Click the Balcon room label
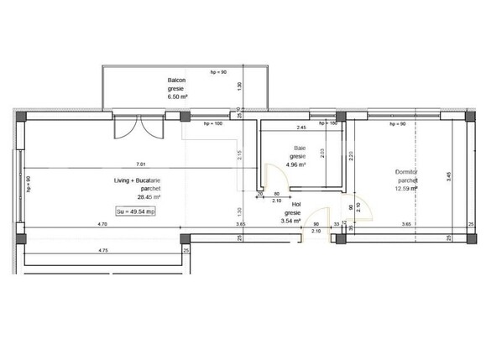tap(176, 81)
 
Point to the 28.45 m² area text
tap(139, 198)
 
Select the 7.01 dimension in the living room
tap(140, 164)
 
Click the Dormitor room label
tap(406, 173)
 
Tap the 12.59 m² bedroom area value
tap(407, 190)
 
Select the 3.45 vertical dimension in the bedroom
tap(450, 176)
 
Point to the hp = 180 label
tap(328, 123)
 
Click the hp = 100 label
tap(213, 123)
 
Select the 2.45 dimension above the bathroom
tap(300, 128)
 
